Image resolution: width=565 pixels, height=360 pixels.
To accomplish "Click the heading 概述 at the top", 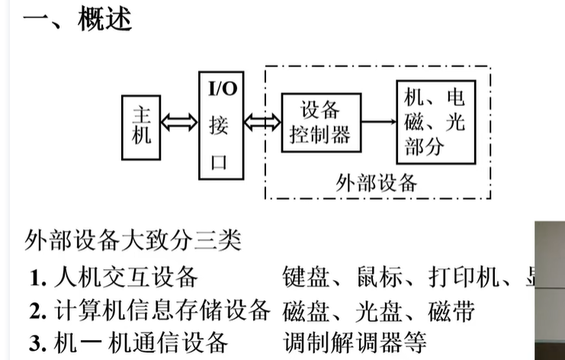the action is pyautogui.click(x=105, y=18).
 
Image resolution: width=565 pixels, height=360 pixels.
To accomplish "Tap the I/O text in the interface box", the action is pyautogui.click(x=223, y=88).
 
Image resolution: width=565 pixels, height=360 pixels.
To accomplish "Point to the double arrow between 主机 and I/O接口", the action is pyautogui.click(x=179, y=122).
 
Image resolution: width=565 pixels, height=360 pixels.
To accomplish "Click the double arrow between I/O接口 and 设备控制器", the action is pyautogui.click(x=262, y=122).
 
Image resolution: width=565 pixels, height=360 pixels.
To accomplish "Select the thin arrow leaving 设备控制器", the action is pyautogui.click(x=379, y=122).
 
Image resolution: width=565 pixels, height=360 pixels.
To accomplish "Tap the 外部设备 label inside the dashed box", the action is pyautogui.click(x=376, y=183).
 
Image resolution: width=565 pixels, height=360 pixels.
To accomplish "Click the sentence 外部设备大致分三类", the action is pyautogui.click(x=133, y=240).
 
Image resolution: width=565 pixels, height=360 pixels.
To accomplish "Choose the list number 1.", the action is pyautogui.click(x=38, y=278).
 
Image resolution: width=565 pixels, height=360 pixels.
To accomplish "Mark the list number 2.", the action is pyautogui.click(x=38, y=311).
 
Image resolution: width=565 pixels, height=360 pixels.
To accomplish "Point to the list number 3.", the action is pyautogui.click(x=38, y=343).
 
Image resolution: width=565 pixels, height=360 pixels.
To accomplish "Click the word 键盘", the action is pyautogui.click(x=306, y=277).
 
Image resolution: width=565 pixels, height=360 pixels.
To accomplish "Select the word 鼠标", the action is pyautogui.click(x=380, y=277).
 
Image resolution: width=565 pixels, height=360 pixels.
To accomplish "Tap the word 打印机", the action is pyautogui.click(x=464, y=277).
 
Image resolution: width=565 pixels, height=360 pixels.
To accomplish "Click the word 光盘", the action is pyautogui.click(x=378, y=311).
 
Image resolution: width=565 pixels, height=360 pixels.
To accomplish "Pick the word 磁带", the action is pyautogui.click(x=451, y=311).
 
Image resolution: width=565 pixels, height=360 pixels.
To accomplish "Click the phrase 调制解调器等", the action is pyautogui.click(x=355, y=342).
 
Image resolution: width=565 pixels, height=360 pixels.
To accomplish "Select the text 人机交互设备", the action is pyautogui.click(x=126, y=278).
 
